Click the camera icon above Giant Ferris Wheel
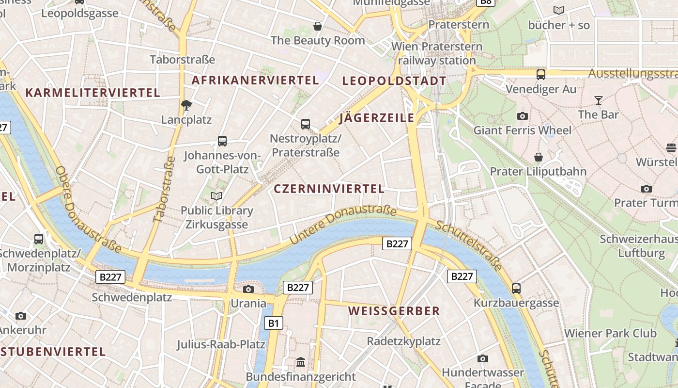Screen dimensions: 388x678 (x=522, y=116)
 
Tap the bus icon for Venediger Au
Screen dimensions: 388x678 (x=541, y=75)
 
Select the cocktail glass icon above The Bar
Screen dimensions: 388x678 (x=599, y=100)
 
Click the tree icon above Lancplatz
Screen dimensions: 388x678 (x=186, y=105)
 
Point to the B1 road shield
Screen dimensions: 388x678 (x=274, y=323)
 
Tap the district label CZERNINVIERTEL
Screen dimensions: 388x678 (x=329, y=189)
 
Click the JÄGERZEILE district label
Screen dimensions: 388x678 (x=377, y=118)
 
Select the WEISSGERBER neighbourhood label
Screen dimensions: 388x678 (x=394, y=311)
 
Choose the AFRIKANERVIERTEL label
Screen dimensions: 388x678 (x=255, y=81)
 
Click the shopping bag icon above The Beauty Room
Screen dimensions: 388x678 (x=318, y=26)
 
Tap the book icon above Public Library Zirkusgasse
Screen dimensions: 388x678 (x=216, y=196)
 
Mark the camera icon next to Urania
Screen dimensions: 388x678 (x=248, y=290)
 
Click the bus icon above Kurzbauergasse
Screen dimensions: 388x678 (x=516, y=289)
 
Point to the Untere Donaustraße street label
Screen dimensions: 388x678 (x=343, y=225)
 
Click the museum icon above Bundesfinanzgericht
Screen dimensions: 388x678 (x=301, y=362)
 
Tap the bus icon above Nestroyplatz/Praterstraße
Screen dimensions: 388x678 (x=306, y=124)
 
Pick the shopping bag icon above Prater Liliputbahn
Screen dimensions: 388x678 (x=538, y=157)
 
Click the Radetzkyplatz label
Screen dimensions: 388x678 (x=403, y=341)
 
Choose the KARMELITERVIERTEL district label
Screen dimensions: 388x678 (x=92, y=93)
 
